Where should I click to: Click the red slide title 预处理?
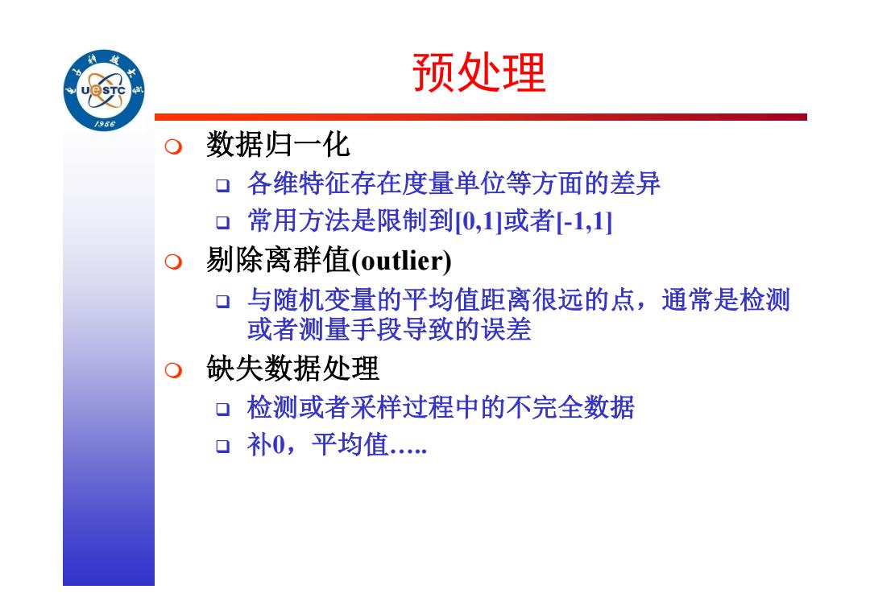click(x=479, y=72)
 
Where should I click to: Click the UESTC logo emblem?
click(x=104, y=90)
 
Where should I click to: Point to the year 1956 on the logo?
click(x=104, y=124)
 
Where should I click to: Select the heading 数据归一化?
click(x=278, y=145)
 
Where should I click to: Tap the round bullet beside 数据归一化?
click(x=173, y=146)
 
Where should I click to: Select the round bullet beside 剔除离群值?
click(x=173, y=262)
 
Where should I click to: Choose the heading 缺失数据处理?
click(x=292, y=369)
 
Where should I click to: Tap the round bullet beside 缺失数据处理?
click(x=173, y=369)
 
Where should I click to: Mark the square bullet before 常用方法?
click(x=222, y=223)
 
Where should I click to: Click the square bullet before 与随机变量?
click(x=222, y=302)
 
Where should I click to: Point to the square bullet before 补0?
click(x=222, y=446)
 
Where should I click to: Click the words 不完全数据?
click(x=570, y=408)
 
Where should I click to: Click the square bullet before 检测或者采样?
click(x=222, y=410)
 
